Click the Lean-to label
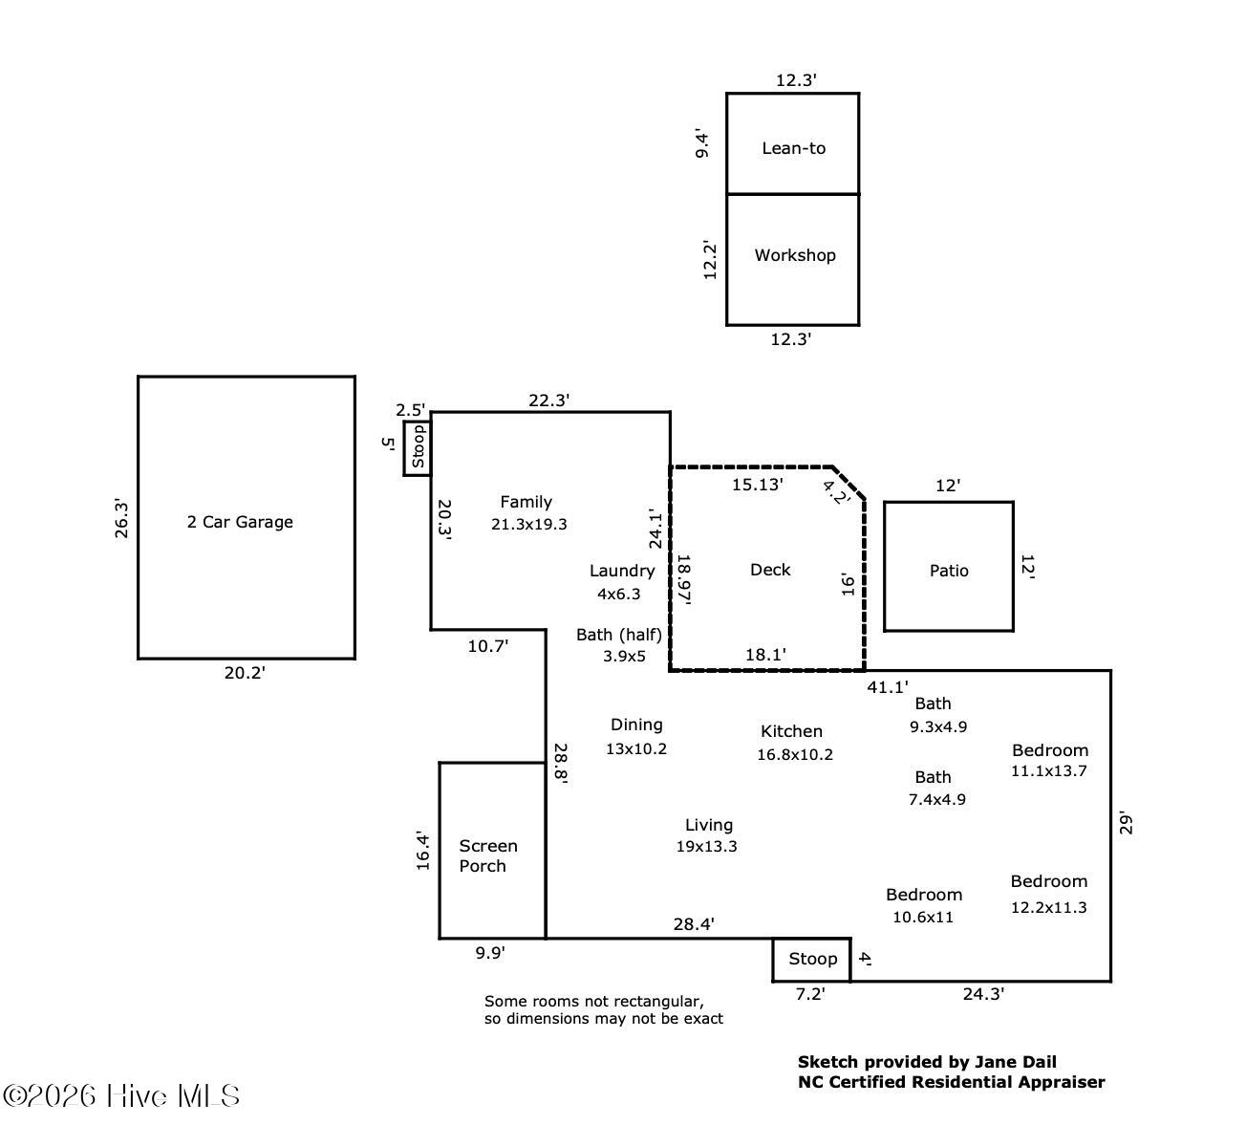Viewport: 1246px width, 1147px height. [x=793, y=148]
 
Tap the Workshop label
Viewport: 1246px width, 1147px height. [x=794, y=255]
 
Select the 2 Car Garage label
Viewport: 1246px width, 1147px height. [x=240, y=522]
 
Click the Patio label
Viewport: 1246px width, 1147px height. [x=949, y=571]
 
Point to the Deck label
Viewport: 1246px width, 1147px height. [x=770, y=570]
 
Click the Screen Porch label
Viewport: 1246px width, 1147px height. [x=488, y=855]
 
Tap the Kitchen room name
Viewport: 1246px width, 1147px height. [x=791, y=731]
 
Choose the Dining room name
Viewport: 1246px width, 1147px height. [x=636, y=725]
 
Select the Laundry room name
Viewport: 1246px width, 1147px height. [x=622, y=571]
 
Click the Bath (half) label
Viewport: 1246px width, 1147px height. [x=619, y=634]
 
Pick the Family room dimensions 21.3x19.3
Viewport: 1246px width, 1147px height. [x=529, y=524]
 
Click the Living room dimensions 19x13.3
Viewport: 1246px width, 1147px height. [x=707, y=846]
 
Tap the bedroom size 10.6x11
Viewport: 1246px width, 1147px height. [x=923, y=918]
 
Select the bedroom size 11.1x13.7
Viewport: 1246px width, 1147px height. [x=1049, y=770]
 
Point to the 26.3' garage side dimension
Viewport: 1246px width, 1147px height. [x=122, y=518]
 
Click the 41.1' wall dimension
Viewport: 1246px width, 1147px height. [x=888, y=686]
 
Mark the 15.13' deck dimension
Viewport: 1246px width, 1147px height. [x=758, y=485]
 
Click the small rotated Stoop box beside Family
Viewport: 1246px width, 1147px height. [x=418, y=447]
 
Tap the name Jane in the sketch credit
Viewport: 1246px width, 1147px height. [x=994, y=1061]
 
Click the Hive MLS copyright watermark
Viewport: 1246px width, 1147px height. [x=121, y=1095]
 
